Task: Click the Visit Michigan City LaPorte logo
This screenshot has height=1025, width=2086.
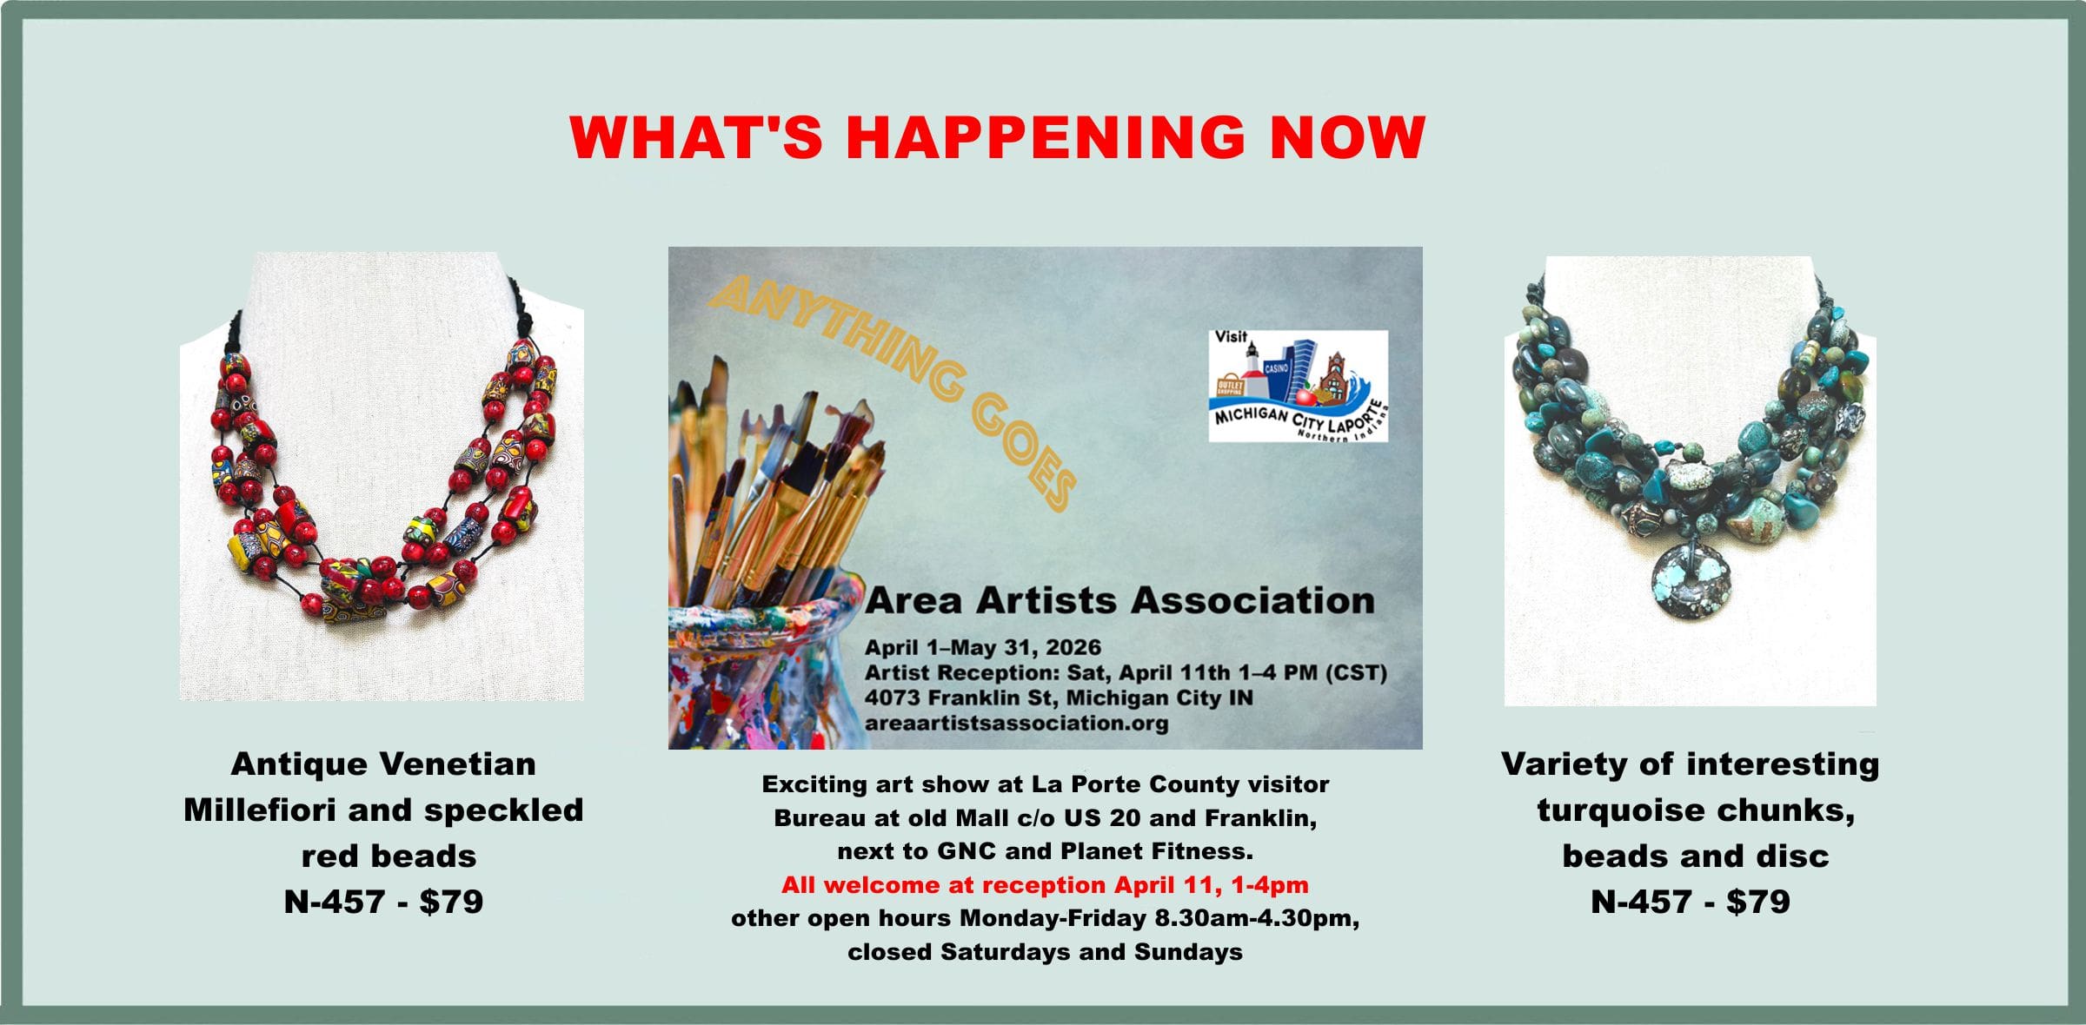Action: click(1299, 386)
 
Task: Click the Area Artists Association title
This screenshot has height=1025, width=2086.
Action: click(1120, 600)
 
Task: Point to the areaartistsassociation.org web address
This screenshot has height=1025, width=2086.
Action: click(1017, 723)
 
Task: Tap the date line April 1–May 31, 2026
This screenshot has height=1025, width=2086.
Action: click(983, 647)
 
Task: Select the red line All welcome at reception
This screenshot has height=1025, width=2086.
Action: click(1045, 885)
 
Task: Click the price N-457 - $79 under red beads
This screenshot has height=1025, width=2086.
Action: click(383, 902)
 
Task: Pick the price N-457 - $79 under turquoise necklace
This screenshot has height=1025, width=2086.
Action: click(1691, 902)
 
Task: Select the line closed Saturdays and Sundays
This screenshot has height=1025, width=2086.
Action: click(1046, 952)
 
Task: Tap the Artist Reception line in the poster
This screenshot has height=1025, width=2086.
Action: click(1126, 673)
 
